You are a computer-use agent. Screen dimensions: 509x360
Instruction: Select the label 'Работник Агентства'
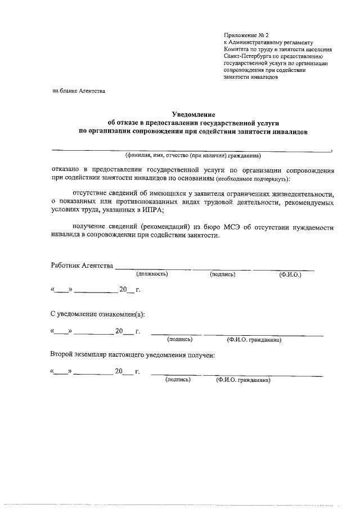pos(82,265)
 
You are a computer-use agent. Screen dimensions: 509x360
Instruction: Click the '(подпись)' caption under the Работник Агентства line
pos(222,274)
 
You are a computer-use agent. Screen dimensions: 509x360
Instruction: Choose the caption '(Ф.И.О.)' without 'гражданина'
pos(290,275)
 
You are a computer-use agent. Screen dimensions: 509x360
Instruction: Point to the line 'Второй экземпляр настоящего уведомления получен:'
pos(132,355)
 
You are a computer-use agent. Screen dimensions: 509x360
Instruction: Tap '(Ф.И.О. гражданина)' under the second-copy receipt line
pos(244,380)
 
